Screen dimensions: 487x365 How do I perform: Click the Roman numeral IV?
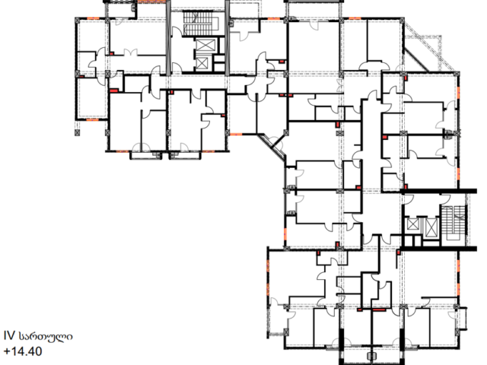[x=9, y=336]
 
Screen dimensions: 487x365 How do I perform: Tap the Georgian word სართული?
[x=46, y=336]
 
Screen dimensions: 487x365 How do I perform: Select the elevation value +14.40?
[x=23, y=351]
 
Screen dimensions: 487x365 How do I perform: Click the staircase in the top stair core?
[x=201, y=24]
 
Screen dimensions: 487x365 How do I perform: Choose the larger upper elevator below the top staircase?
[x=205, y=46]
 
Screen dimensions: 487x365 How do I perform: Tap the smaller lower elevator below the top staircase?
[x=202, y=63]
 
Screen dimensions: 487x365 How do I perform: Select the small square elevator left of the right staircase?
[x=413, y=224]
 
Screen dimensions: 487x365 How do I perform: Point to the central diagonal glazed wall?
[x=272, y=147]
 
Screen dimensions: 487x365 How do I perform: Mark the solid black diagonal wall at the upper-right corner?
[x=416, y=60]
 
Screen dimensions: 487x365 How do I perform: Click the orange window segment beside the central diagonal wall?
[x=236, y=134]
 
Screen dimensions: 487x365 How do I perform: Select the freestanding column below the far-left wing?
[x=78, y=133]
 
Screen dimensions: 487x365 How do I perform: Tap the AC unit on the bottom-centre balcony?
[x=371, y=356]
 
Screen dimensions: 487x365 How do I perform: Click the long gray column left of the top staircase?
[x=168, y=38]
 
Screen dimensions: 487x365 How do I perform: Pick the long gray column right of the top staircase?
[x=227, y=38]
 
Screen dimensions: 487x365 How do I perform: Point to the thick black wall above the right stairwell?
[x=439, y=191]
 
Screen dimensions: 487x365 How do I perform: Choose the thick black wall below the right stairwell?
[x=439, y=249]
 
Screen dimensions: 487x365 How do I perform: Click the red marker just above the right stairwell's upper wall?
[x=406, y=186]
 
